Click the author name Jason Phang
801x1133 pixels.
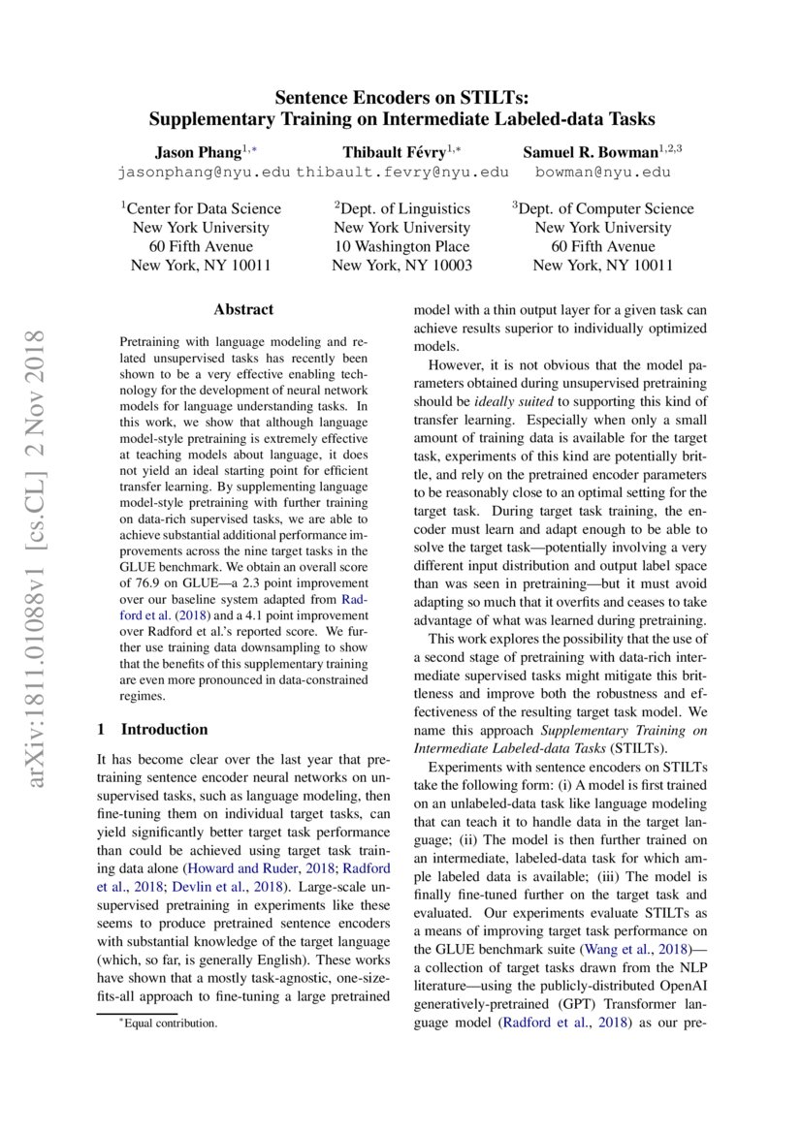197,152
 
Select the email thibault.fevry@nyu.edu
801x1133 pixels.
402,173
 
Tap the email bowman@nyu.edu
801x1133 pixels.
603,173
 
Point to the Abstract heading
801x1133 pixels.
243,310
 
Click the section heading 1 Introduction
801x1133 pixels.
153,729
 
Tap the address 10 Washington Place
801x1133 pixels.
401,246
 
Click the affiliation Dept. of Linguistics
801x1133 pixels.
403,208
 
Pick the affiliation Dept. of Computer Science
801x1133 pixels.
603,208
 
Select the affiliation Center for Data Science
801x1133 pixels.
202,208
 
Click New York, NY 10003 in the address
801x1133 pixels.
401,265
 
